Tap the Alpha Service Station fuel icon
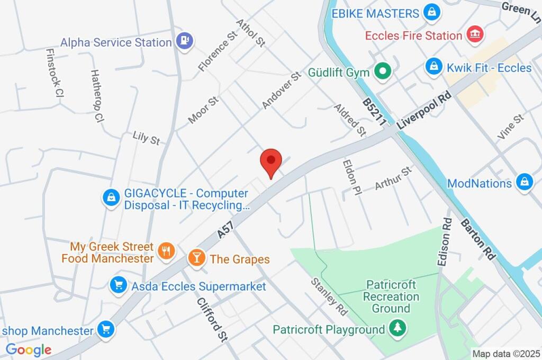[185, 40]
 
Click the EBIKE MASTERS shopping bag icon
[432, 13]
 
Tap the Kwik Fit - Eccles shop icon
[433, 67]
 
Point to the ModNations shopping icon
[524, 182]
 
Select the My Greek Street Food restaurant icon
[167, 252]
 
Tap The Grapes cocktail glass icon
[196, 258]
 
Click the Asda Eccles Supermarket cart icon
[117, 286]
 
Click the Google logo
[29, 349]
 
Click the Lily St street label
[146, 139]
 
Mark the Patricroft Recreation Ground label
[391, 296]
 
